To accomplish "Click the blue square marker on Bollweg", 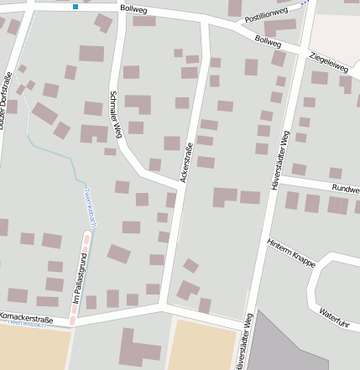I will (76, 7).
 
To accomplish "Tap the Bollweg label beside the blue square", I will (133, 8).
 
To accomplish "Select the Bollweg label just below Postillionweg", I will (268, 40).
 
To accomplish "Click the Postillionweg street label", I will (266, 14).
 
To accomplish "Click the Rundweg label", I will (345, 189).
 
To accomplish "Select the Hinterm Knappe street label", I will (290, 253).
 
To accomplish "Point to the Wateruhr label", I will (333, 317).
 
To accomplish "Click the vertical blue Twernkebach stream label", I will (92, 206).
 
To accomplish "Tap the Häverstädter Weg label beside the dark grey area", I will (245, 341).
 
